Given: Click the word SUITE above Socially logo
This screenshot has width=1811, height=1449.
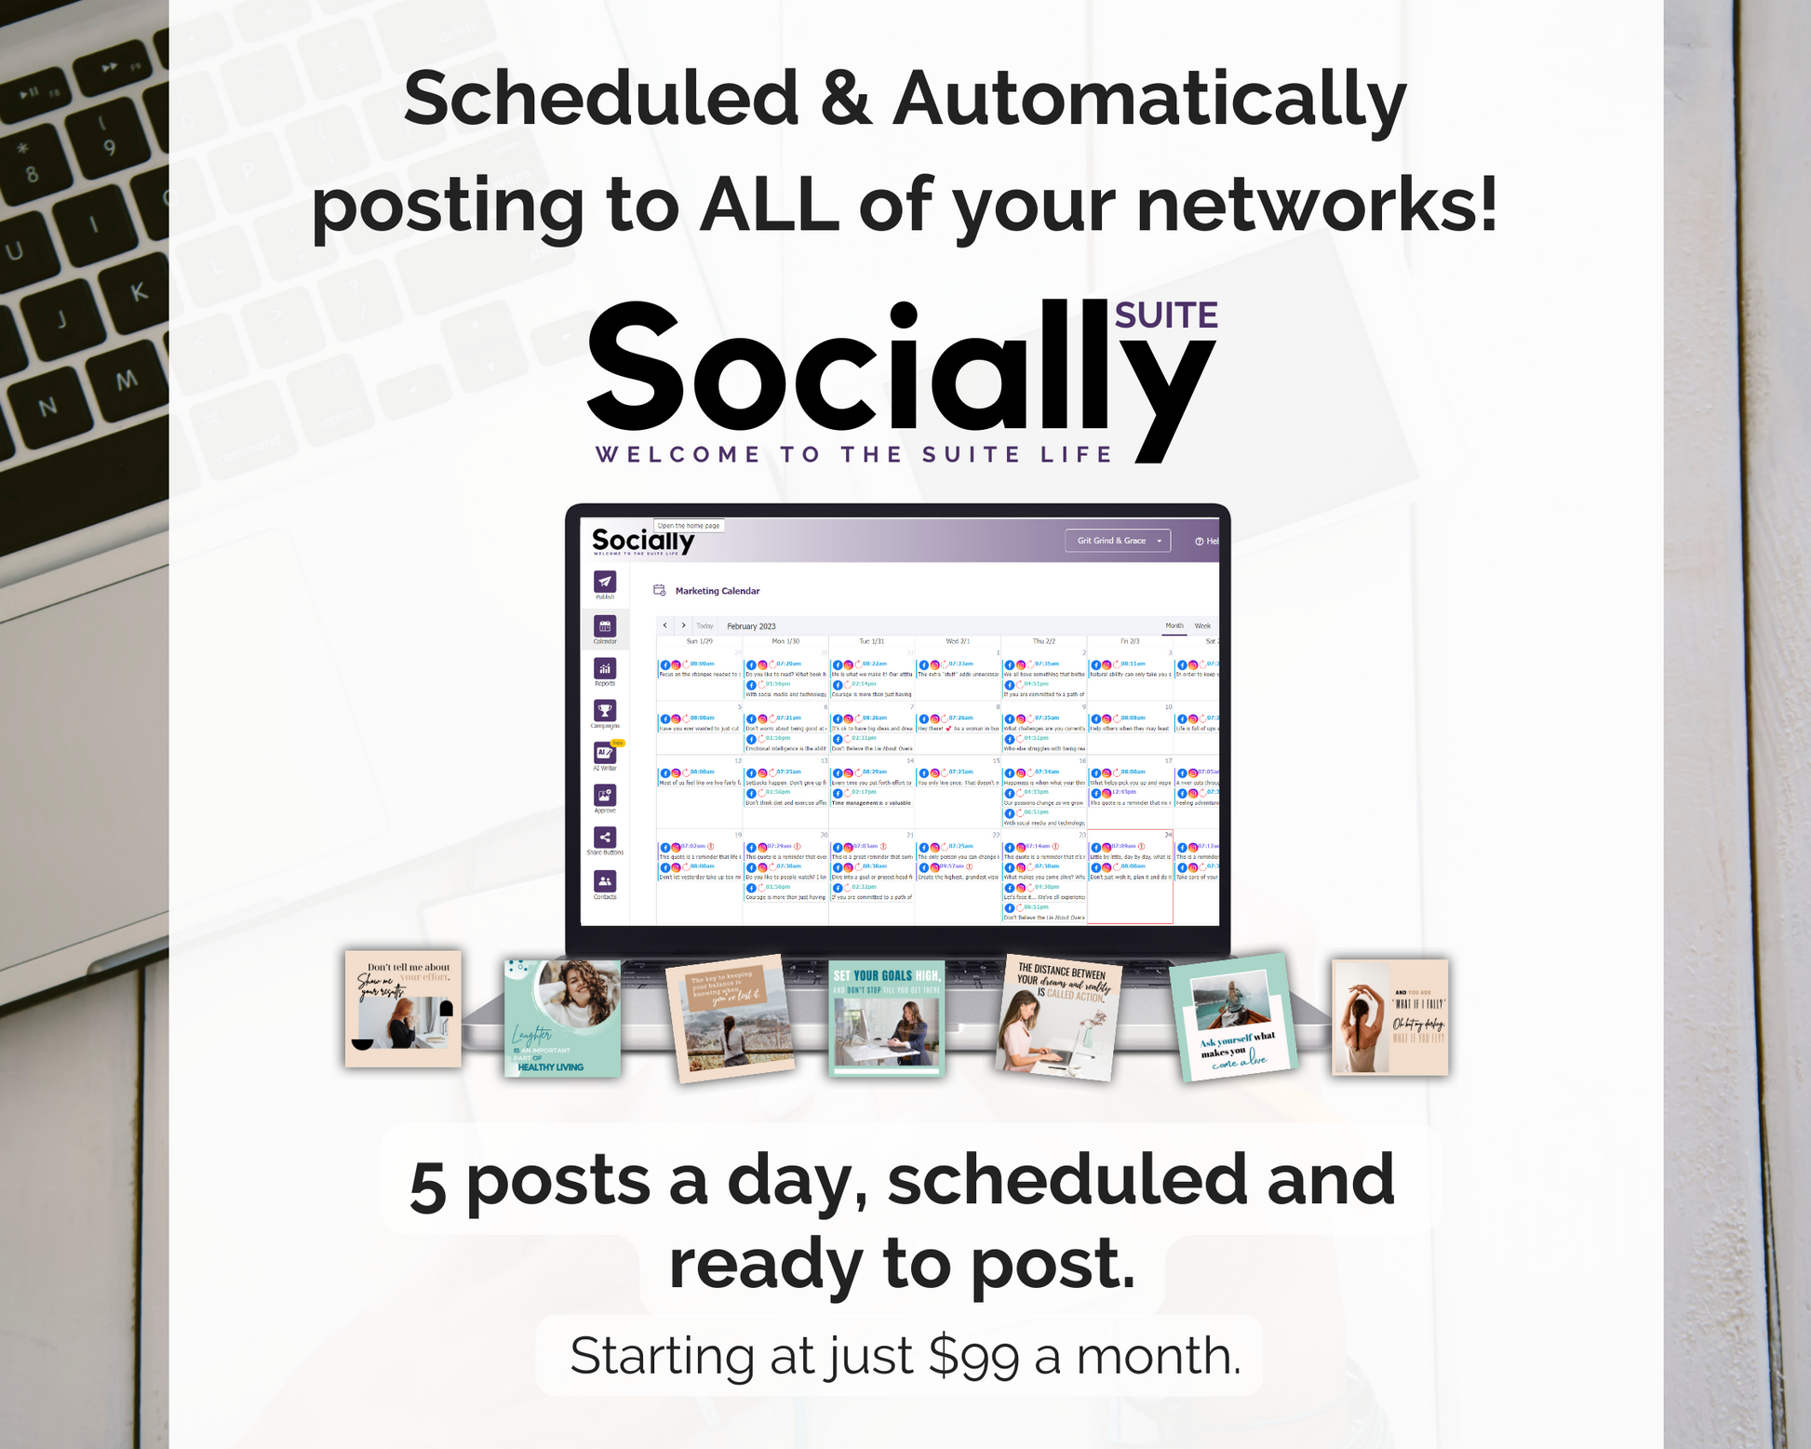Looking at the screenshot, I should (1165, 316).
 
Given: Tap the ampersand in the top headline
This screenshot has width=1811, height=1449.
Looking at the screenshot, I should (844, 99).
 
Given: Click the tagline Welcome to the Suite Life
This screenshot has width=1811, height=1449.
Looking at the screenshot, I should (853, 454).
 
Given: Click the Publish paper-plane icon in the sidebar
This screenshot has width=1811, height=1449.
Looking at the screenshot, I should (605, 583).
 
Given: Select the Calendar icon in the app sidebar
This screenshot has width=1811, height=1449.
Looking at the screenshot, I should (605, 627).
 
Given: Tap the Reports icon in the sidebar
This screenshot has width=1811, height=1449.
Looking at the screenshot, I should (605, 669).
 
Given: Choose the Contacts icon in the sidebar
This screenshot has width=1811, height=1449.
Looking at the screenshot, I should (605, 881).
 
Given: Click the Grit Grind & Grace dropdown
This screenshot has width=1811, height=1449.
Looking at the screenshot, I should (1117, 541).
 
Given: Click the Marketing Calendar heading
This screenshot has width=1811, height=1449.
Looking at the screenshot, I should (717, 591).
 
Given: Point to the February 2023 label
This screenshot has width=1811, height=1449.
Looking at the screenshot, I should (751, 626).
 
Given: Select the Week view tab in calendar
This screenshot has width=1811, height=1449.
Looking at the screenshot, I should (1202, 626).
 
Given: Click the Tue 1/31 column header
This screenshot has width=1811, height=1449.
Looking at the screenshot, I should (871, 641).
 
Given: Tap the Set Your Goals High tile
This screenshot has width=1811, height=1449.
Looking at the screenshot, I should (886, 1017).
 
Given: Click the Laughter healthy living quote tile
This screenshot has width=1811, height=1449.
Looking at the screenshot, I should (562, 1018).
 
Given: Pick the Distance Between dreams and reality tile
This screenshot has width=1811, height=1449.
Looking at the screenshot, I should (1058, 1017).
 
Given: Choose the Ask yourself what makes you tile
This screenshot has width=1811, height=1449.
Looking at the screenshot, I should (1233, 1017).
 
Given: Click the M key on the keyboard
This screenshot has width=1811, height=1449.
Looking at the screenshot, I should (126, 380).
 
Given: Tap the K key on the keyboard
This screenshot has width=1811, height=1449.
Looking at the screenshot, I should (139, 292).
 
